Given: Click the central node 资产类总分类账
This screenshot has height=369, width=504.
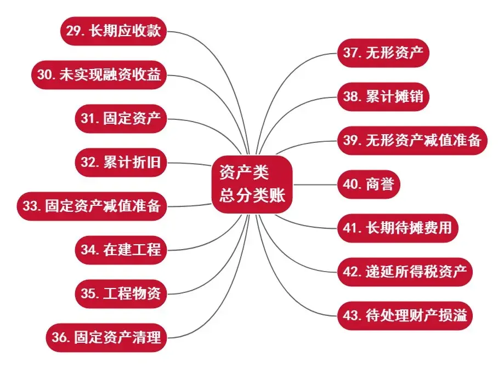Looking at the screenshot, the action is (252, 184).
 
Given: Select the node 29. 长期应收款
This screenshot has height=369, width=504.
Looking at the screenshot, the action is (114, 31).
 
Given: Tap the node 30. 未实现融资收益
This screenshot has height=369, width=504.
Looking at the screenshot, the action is (98, 76).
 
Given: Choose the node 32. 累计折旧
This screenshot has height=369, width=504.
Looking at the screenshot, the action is (121, 163).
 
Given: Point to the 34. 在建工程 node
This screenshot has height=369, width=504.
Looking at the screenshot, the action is (121, 250).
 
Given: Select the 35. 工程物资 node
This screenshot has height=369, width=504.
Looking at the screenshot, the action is (121, 293).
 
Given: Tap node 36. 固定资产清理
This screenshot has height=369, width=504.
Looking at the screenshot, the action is (106, 337).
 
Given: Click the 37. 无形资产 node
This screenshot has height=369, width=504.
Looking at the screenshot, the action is (383, 53).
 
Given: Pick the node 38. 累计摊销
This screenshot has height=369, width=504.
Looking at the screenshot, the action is (383, 97).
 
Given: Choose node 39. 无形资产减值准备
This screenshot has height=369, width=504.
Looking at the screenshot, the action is (412, 141).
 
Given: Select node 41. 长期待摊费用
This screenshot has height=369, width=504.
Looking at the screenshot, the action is (397, 228).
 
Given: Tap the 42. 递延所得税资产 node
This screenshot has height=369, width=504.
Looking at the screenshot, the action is (405, 272).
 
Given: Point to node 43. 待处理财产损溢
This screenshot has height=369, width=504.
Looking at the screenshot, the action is (405, 315).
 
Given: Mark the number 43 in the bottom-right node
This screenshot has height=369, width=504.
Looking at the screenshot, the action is (352, 316).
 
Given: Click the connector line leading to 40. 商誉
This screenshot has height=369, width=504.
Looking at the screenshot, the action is (315, 184).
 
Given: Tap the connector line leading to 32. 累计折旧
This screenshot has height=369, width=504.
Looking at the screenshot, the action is (189, 164).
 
